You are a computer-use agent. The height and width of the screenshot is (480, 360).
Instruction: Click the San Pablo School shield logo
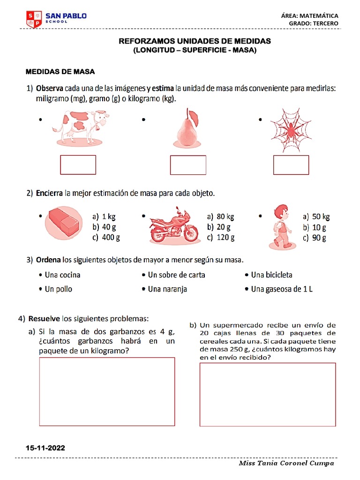tap(34, 19)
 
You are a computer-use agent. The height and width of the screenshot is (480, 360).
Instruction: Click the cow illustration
tap(81, 127)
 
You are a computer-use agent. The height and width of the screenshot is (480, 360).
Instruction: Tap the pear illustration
tap(187, 128)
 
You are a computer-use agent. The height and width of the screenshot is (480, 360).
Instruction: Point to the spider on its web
tap(290, 130)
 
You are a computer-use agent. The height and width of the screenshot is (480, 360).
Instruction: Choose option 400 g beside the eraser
tap(106, 237)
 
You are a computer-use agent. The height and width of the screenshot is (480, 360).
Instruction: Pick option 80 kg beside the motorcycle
tap(220, 217)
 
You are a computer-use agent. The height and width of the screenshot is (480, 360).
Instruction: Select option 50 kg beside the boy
tap(316, 217)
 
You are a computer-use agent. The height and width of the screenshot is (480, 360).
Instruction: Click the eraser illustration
tap(64, 222)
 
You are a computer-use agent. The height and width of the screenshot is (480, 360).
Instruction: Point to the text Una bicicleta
tap(271, 275)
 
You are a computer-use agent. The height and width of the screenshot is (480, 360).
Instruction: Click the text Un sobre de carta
tap(177, 275)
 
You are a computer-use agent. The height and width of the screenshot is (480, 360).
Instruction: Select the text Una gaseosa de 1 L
tap(282, 289)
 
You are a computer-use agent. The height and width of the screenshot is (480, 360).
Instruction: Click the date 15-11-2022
tap(45, 448)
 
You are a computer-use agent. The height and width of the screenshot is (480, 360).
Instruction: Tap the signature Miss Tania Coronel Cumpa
tap(286, 463)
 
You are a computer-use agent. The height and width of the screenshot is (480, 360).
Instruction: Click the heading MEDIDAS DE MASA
tap(60, 72)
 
